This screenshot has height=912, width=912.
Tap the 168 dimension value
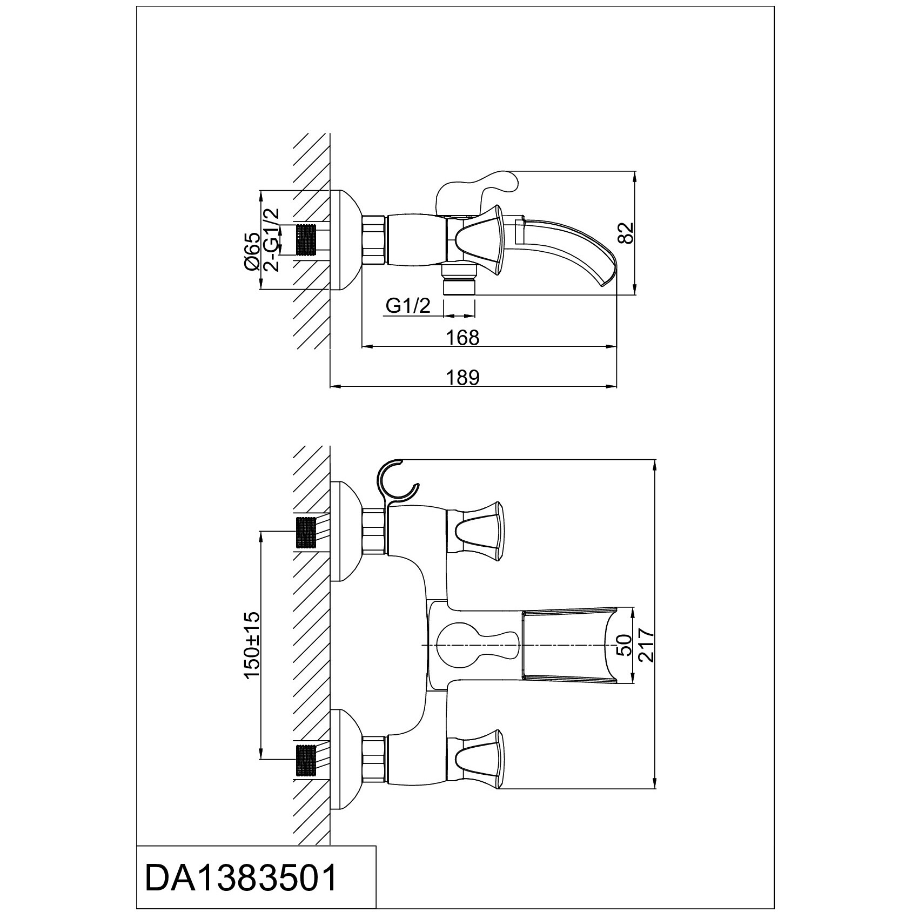click(462, 337)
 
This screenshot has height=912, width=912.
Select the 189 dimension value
click(462, 377)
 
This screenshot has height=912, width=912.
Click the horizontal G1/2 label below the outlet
click(408, 306)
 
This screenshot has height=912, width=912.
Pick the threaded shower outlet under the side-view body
click(460, 279)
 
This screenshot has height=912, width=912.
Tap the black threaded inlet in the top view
click(305, 239)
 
